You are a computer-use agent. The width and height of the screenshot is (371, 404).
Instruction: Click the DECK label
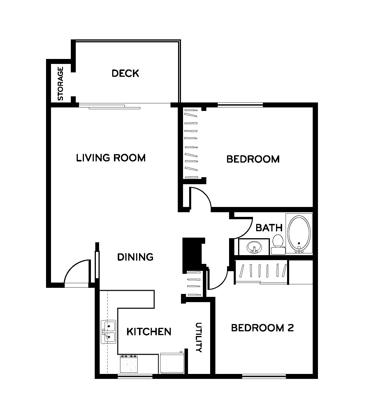pyautogui.click(x=125, y=73)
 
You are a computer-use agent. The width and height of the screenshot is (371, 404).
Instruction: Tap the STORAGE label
pyautogui.click(x=60, y=83)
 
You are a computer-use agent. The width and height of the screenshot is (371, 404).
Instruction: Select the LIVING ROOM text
pyautogui.click(x=111, y=158)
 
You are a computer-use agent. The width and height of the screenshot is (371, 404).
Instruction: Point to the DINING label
pyautogui.click(x=135, y=257)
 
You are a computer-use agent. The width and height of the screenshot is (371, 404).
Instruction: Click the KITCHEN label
pyautogui.click(x=149, y=332)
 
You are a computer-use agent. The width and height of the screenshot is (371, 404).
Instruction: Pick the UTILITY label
pyautogui.click(x=199, y=337)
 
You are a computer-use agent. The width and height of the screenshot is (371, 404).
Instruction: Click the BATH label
pyautogui.click(x=269, y=228)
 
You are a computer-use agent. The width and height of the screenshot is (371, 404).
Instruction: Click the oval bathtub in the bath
pyautogui.click(x=299, y=234)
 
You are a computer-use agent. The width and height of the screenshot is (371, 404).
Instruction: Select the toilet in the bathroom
pyautogui.click(x=278, y=244)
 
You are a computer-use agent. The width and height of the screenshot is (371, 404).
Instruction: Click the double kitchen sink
pyautogui.click(x=108, y=332)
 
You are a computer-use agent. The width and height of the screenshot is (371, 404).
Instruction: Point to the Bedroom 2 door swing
pyautogui.click(x=221, y=282)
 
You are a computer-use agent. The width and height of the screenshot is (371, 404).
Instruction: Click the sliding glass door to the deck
pyautogui.click(x=110, y=106)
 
